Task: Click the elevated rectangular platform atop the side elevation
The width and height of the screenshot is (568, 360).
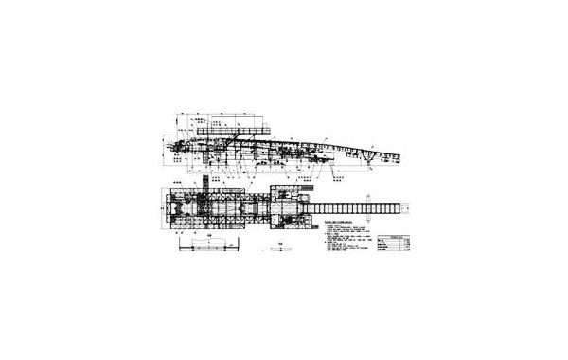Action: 250,127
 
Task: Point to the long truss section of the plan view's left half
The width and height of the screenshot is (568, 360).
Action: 218,206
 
